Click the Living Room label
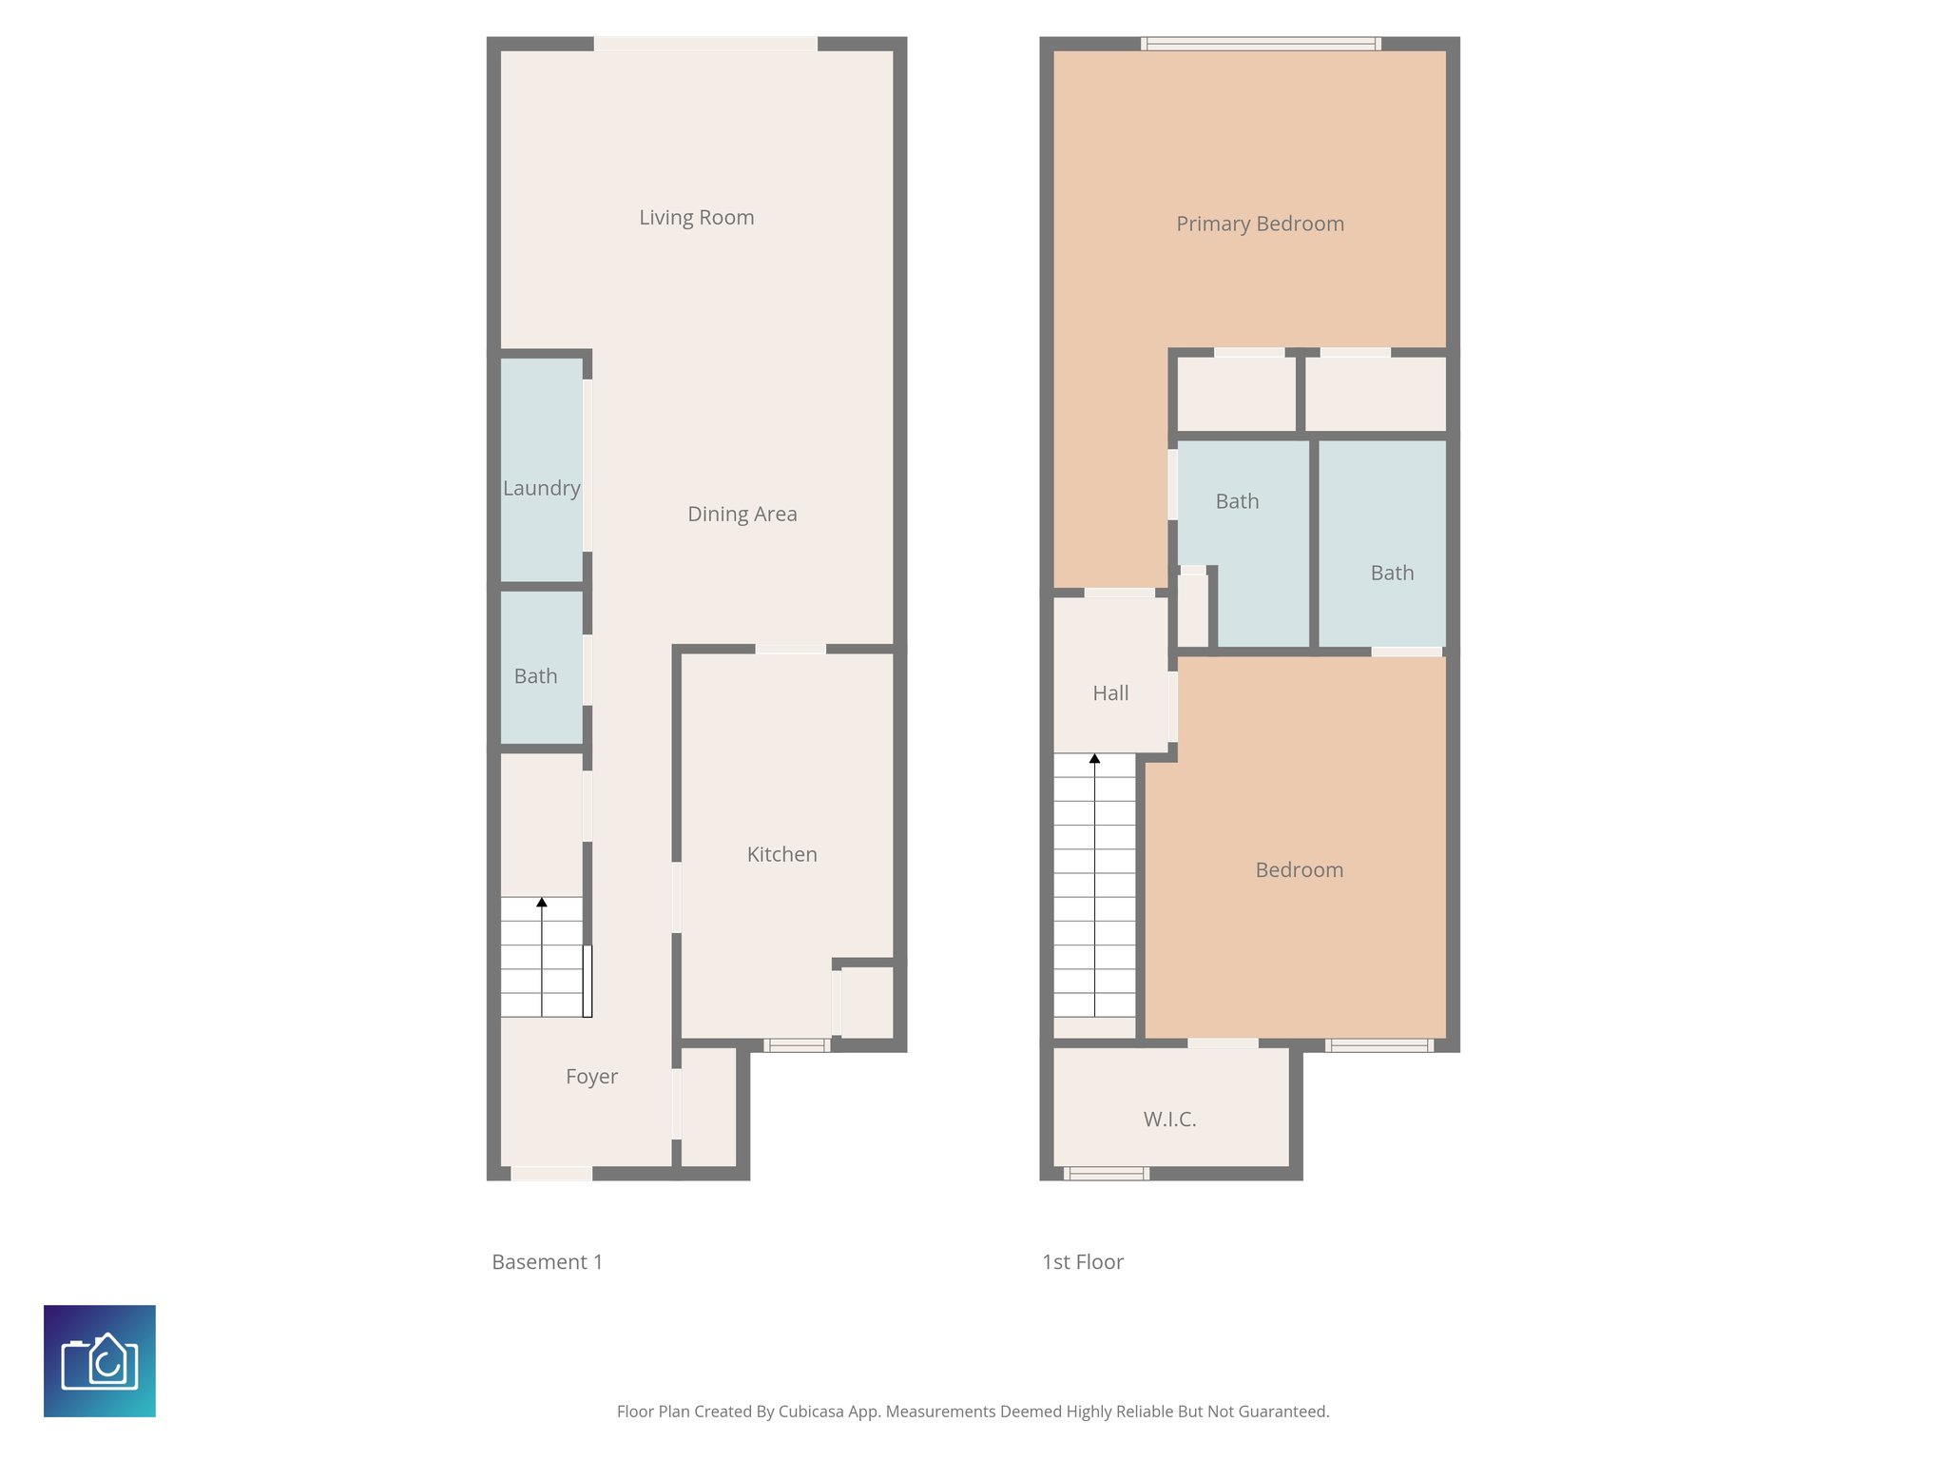pyautogui.click(x=696, y=218)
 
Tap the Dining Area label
pyautogui.click(x=742, y=515)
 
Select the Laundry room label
pyautogui.click(x=541, y=488)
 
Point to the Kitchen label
pyautogui.click(x=781, y=854)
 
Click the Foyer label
pyautogui.click(x=591, y=1077)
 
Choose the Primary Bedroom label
pyautogui.click(x=1260, y=224)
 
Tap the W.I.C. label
pyautogui.click(x=1169, y=1120)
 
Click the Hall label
pyautogui.click(x=1110, y=693)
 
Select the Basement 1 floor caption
pyautogui.click(x=547, y=1262)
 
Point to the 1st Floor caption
pyautogui.click(x=1082, y=1262)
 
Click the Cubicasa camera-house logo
pyautogui.click(x=100, y=1361)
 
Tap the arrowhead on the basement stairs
pyautogui.click(x=542, y=902)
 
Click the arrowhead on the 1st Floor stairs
pyautogui.click(x=1094, y=759)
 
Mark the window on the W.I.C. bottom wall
pyautogui.click(x=1106, y=1174)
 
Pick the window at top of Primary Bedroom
pyautogui.click(x=1261, y=43)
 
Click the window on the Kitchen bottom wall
pyautogui.click(x=797, y=1045)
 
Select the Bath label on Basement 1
pyautogui.click(x=535, y=676)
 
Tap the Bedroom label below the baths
pyautogui.click(x=1299, y=870)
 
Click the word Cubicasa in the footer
pyautogui.click(x=810, y=1412)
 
